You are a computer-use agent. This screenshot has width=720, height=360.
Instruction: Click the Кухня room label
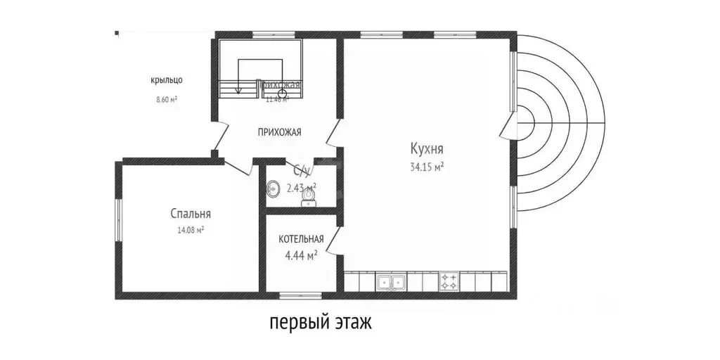(427, 149)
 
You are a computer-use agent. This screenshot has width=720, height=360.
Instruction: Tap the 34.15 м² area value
(427, 167)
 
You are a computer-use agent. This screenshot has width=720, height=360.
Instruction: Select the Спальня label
(190, 214)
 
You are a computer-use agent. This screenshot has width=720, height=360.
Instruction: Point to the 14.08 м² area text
(190, 230)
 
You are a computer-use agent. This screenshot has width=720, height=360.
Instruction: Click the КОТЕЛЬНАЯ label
(301, 239)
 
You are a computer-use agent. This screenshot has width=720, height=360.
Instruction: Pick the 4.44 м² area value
(301, 255)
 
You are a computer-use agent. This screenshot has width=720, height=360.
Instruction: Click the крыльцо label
(167, 80)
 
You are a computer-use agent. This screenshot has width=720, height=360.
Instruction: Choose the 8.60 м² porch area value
(167, 100)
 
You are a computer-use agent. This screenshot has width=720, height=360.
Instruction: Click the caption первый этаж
(320, 323)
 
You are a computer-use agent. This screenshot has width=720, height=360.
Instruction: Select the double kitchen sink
(390, 283)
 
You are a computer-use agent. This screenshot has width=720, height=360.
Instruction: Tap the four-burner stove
(449, 283)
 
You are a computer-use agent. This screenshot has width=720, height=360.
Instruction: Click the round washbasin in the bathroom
(274, 188)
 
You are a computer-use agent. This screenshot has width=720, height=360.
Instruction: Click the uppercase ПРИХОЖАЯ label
(279, 131)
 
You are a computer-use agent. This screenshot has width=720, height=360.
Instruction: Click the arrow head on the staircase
(238, 90)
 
